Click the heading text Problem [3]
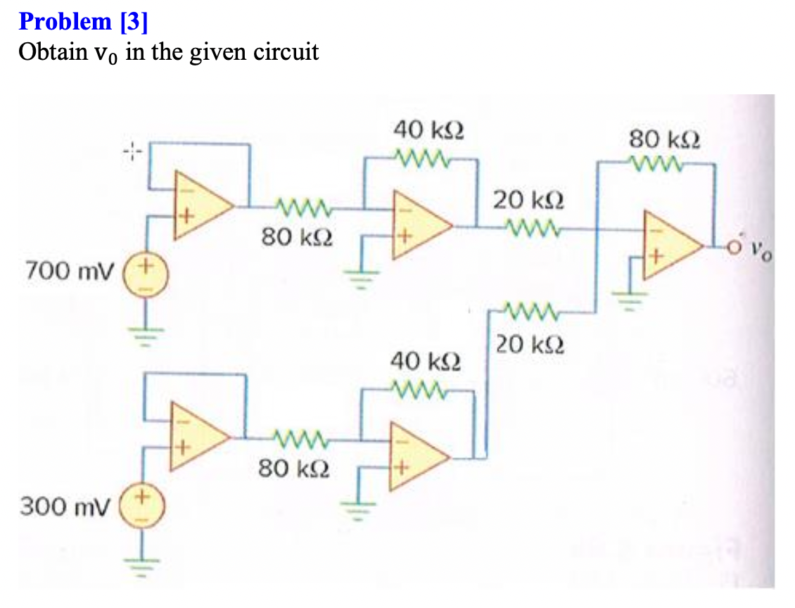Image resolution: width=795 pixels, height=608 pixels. click(x=83, y=22)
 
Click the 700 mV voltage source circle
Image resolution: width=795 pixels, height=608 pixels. click(x=147, y=274)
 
